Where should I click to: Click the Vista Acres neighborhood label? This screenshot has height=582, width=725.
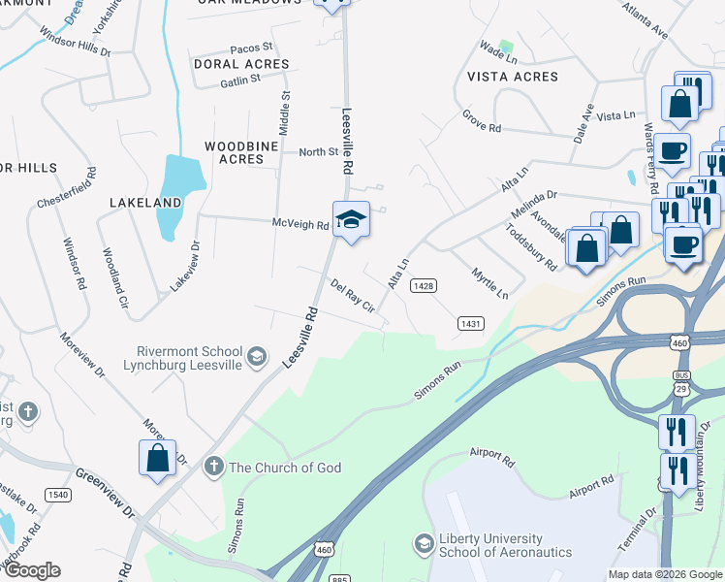513,77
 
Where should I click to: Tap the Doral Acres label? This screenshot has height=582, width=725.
241,64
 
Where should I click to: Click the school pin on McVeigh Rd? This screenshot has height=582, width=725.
351,220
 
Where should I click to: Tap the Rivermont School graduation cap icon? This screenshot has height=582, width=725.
257,357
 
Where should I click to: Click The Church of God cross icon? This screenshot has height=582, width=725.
213,468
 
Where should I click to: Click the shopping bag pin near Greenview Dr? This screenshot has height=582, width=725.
158,458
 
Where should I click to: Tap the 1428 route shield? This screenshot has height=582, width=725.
423,285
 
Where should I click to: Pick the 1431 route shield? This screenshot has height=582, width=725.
471,324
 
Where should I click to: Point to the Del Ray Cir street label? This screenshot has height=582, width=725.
352,295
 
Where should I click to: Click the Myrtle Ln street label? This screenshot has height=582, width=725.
489,283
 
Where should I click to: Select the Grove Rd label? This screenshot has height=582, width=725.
481,127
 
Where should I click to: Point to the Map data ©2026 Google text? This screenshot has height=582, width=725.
665,574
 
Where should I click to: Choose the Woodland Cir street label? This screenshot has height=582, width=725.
115,277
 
